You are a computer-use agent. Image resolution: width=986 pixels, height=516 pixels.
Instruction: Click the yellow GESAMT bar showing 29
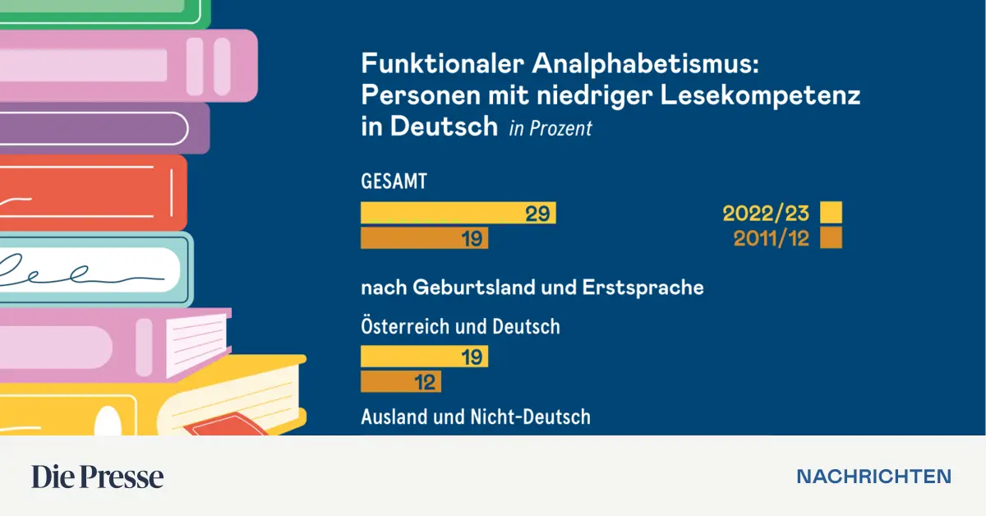click(458, 214)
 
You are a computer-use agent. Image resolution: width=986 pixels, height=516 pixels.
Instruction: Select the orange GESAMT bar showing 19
click(424, 238)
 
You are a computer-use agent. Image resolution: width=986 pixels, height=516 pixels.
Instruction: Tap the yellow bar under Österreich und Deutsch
click(424, 357)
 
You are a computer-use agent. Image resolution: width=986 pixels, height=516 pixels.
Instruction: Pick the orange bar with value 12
click(401, 382)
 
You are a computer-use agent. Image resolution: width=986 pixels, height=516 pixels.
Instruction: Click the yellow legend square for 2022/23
click(832, 214)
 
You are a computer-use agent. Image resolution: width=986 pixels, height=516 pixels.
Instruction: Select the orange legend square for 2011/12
click(832, 238)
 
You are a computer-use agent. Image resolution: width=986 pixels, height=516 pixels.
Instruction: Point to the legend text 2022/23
click(766, 214)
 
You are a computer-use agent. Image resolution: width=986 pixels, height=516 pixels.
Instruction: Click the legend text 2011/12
click(771, 238)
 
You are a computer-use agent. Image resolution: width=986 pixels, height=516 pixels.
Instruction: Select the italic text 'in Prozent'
click(551, 128)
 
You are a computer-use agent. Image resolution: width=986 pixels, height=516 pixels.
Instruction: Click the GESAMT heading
click(394, 182)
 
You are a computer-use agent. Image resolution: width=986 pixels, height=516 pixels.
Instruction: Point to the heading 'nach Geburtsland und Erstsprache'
click(532, 288)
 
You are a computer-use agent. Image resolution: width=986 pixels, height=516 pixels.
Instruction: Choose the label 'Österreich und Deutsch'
click(460, 326)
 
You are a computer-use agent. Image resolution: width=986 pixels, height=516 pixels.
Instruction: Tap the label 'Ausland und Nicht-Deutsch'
click(476, 417)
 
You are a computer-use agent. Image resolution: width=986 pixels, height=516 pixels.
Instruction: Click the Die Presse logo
click(98, 477)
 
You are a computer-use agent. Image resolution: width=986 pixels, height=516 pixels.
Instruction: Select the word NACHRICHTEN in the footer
click(874, 477)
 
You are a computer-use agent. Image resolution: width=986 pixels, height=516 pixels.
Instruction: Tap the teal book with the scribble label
click(94, 270)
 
